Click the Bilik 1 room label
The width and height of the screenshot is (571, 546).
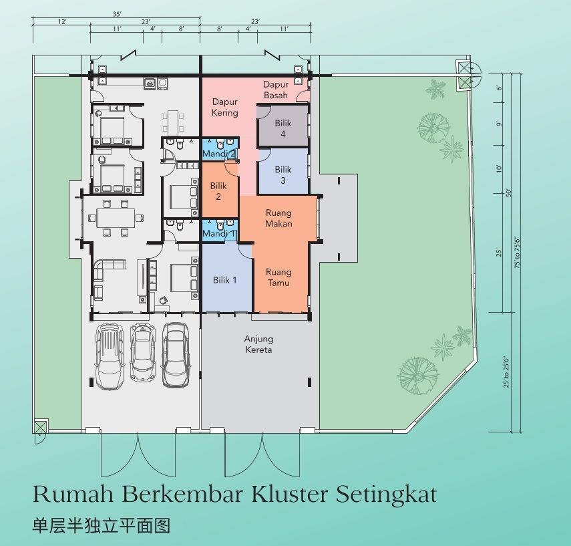[x=224, y=280]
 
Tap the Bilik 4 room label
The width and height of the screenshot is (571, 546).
[x=283, y=128]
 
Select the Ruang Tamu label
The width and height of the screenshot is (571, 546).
[x=278, y=277]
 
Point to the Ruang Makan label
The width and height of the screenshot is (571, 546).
[x=278, y=218]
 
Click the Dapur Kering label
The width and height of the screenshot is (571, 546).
[x=224, y=107]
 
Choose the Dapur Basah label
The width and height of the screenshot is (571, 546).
[x=276, y=90]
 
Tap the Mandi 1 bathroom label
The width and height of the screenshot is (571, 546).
[x=219, y=233]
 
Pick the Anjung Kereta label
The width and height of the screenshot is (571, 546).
[x=258, y=344]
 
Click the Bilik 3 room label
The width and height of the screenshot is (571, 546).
[x=283, y=175]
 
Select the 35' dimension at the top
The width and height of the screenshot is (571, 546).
[x=116, y=14]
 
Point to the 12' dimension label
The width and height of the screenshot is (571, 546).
[x=62, y=22]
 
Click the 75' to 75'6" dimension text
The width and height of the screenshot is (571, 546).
[x=518, y=253]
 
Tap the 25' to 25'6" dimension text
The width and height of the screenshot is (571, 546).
[x=506, y=372]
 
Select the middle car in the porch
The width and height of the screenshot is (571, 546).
[x=143, y=353]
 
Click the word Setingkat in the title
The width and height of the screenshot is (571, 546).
[x=386, y=495]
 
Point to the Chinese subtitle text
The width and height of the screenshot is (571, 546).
[x=102, y=526]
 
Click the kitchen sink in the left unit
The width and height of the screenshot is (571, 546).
[x=150, y=84]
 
